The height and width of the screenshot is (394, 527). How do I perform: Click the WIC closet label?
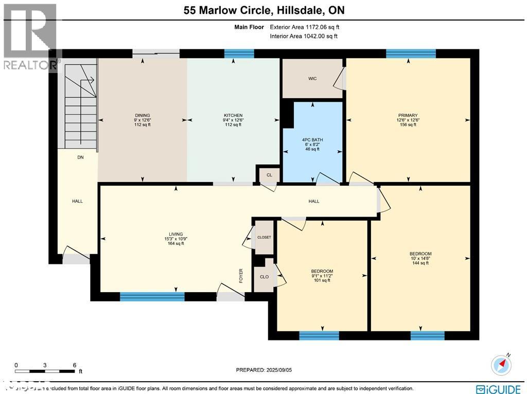(312, 79)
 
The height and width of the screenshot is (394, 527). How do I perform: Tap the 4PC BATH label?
(312, 139)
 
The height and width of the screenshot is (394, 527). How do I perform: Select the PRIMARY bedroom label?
(408, 116)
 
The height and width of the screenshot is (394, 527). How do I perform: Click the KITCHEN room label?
(233, 116)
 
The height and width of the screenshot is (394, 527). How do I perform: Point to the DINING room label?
(142, 116)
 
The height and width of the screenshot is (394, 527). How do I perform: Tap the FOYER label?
(241, 276)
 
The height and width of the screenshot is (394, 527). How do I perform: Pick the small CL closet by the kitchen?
(269, 175)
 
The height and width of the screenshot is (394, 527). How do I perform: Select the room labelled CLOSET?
(264, 237)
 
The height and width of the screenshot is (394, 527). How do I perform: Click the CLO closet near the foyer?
(264, 277)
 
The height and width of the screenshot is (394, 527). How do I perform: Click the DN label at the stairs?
(80, 157)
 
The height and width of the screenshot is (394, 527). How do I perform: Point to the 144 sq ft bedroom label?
(420, 254)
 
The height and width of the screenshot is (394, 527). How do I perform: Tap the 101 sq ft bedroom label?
(322, 272)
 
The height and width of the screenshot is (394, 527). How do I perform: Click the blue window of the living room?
(152, 296)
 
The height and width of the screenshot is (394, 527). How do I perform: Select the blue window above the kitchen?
(239, 53)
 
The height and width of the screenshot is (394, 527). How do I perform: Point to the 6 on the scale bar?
(75, 364)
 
